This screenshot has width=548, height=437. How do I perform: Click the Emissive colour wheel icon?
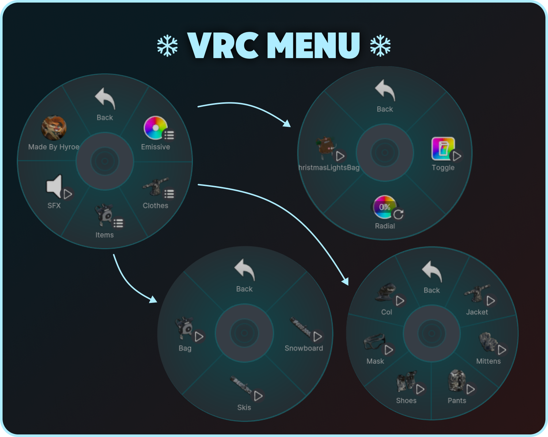[156, 128]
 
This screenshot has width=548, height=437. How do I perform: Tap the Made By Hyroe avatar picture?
[54, 128]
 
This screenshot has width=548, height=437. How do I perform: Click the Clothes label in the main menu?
[155, 206]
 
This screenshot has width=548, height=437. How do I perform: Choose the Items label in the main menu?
[104, 235]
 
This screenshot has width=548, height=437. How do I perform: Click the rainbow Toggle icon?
[443, 149]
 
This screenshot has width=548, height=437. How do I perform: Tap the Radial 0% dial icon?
[384, 207]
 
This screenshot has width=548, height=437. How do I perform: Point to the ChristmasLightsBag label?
[329, 168]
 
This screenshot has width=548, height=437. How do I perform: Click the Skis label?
[244, 407]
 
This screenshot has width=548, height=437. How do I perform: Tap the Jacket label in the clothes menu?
[477, 312]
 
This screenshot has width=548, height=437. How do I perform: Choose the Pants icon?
[456, 380]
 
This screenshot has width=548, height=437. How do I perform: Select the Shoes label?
[406, 400]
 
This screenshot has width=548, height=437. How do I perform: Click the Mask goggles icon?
[374, 342]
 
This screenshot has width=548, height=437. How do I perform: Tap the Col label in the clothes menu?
[387, 312]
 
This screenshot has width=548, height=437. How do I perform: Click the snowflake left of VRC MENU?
[167, 46]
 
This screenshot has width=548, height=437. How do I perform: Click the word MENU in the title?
[313, 45]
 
